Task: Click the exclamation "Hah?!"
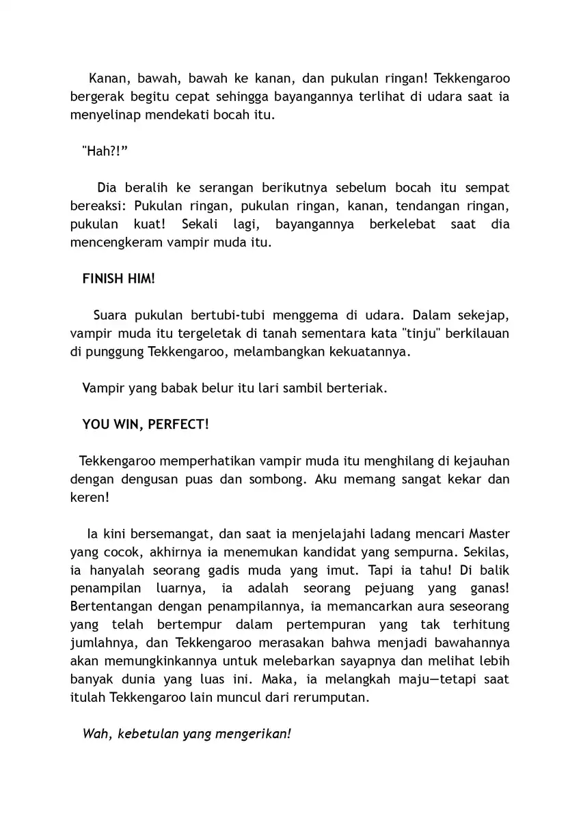pos(105,151)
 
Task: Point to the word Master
pos(488,533)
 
